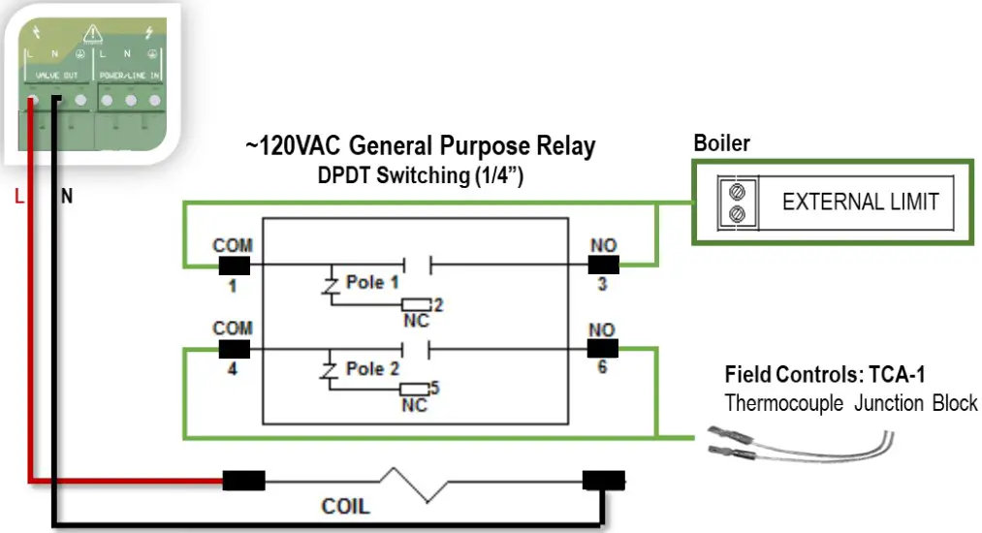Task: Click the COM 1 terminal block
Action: click(x=235, y=265)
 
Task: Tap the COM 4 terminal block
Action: click(x=235, y=349)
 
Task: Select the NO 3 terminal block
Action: click(x=602, y=265)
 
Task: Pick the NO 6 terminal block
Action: click(x=602, y=349)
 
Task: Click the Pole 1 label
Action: click(x=372, y=283)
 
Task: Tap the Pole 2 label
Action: click(x=372, y=368)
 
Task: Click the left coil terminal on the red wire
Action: click(x=243, y=480)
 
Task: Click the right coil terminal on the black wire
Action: click(x=602, y=480)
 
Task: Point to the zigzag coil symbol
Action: click(x=417, y=483)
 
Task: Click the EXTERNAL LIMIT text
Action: click(x=860, y=203)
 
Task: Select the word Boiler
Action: click(x=721, y=143)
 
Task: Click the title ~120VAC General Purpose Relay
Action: click(x=420, y=146)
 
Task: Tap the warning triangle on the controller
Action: click(x=93, y=35)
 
